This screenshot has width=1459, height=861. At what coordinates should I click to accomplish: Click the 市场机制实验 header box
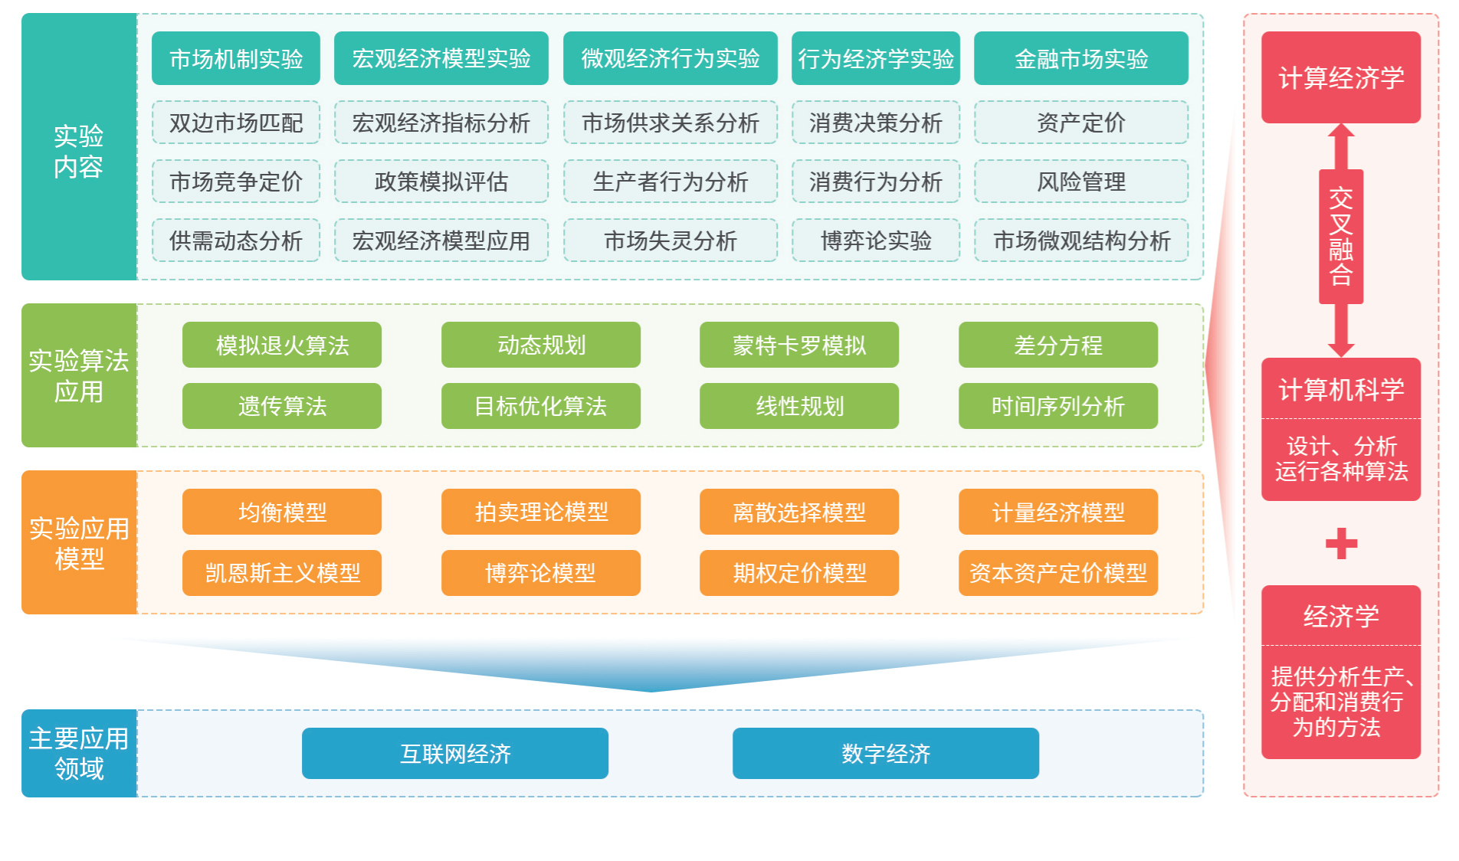pos(235,58)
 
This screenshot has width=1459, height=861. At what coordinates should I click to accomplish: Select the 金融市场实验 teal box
pos(1080,58)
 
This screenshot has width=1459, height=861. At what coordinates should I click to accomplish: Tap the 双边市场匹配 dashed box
pos(235,123)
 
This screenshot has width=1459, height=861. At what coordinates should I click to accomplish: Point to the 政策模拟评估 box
pos(441,182)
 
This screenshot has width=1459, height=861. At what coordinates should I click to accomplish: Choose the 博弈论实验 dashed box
pos(875,241)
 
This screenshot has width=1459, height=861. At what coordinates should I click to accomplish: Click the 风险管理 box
pos(1080,182)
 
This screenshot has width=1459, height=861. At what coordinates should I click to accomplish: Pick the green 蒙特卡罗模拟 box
pos(798,345)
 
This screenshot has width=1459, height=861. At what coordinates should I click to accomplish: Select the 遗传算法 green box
pos(281,406)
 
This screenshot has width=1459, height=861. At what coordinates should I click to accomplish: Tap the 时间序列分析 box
pos(1057,406)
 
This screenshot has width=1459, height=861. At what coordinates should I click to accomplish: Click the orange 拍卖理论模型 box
pos(540,512)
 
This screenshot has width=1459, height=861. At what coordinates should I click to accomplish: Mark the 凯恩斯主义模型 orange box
pos(281,573)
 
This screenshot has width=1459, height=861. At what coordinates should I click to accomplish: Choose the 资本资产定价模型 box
pos(1057,573)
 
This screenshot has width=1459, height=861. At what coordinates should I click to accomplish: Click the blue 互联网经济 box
pos(454,754)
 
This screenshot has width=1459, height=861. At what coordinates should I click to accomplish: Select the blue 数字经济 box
pos(885,754)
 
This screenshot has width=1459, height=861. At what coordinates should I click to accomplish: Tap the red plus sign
pos(1341,544)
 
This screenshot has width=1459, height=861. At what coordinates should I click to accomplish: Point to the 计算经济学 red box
pos(1341,77)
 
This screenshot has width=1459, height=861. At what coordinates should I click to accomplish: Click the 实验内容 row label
pos(79,151)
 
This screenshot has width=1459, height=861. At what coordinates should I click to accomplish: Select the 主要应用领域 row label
pos(79,753)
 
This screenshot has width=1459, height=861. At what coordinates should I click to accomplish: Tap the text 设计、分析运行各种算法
pos(1341,459)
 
